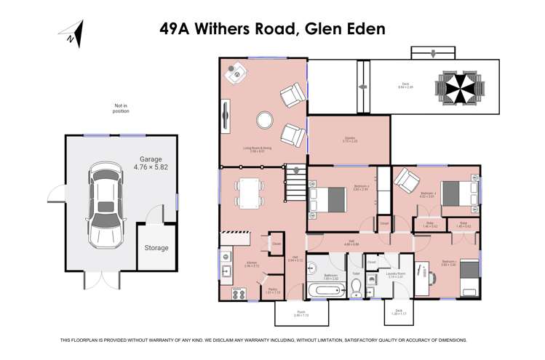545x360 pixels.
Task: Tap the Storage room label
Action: pyautogui.click(x=156, y=248)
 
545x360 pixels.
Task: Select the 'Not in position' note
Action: pyautogui.click(x=121, y=108)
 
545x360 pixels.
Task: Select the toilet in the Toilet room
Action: pyautogui.click(x=357, y=289)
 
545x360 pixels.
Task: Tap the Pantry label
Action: pyautogui.click(x=271, y=289)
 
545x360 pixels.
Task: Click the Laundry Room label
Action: pyautogui.click(x=397, y=274)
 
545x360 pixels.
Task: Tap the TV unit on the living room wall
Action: pyautogui.click(x=226, y=113)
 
